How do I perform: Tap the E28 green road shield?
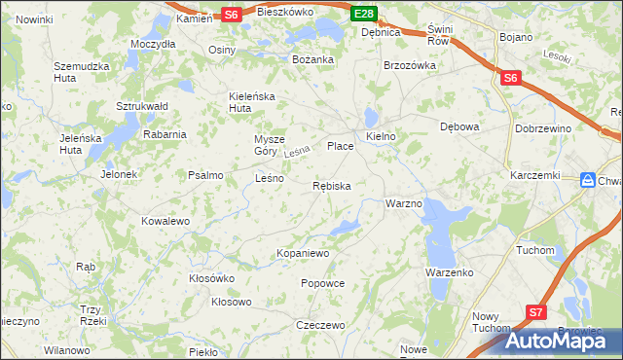[x=364, y=13]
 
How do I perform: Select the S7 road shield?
[x=536, y=311]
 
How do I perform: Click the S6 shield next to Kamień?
[x=230, y=15]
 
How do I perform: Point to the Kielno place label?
[x=381, y=137]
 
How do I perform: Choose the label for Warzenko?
[x=449, y=272]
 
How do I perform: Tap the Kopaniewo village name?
[x=304, y=253]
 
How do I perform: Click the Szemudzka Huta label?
[x=79, y=72]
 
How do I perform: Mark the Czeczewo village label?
[x=321, y=325]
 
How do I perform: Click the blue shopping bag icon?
[x=588, y=180]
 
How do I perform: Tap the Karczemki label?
[x=534, y=175]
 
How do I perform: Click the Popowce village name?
[x=323, y=283]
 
